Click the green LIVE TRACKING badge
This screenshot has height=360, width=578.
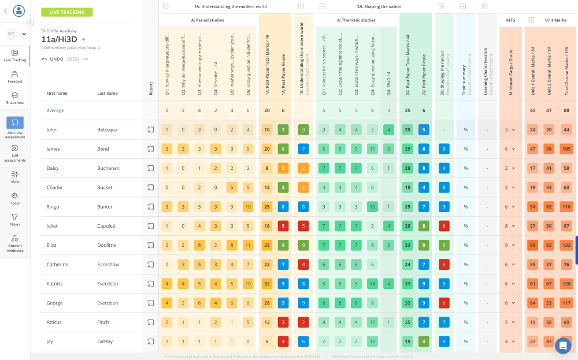pyautogui.click(x=66, y=12)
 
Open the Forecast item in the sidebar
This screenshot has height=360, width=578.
pyautogui.click(x=15, y=77)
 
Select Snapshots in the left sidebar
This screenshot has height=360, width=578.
pyautogui.click(x=15, y=98)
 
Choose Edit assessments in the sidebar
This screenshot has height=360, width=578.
pyautogui.click(x=15, y=153)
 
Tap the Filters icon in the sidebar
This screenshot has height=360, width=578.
pyautogui.click(x=15, y=220)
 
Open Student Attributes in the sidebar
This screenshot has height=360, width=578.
pyautogui.click(x=15, y=242)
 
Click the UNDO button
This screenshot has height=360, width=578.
pyautogui.click(x=53, y=59)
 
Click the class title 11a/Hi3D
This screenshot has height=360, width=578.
pyautogui.click(x=59, y=39)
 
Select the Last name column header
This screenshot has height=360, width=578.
pyautogui.click(x=107, y=93)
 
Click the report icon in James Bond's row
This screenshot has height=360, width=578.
pyautogui.click(x=150, y=149)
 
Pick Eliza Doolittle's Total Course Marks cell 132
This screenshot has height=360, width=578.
pyautogui.click(x=566, y=245)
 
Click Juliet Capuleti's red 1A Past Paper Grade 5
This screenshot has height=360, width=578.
pyautogui.click(x=283, y=226)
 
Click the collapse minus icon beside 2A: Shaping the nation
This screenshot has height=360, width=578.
pyautogui.click(x=322, y=6)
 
